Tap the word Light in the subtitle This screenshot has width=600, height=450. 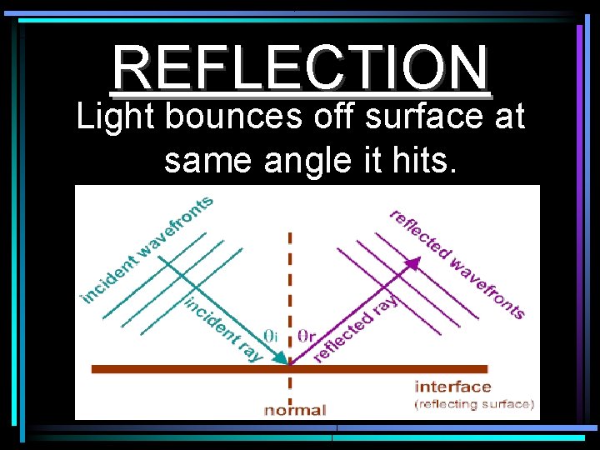click(115, 117)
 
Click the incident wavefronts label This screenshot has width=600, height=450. click(147, 248)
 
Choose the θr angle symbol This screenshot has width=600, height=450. click(306, 335)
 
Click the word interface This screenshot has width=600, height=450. click(453, 387)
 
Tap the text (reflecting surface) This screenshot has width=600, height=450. click(474, 404)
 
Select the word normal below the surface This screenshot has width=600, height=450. click(296, 409)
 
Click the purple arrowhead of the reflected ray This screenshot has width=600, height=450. click(411, 262)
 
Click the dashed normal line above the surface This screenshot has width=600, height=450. click(289, 275)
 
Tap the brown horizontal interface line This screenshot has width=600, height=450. click(167, 367)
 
